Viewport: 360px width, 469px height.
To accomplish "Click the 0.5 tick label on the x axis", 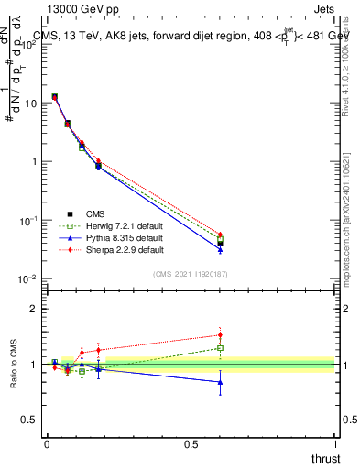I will point(191,444).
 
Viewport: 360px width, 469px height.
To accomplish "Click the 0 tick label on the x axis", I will point(47,444).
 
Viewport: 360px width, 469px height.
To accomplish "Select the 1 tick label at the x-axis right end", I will point(335,444).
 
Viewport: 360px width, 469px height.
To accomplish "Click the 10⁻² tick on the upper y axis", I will point(28,279).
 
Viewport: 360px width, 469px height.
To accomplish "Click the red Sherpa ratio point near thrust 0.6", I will point(220,334).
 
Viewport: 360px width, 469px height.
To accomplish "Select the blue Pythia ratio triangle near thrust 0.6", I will point(220,382).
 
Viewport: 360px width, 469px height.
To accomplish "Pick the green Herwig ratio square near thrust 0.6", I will point(220,348).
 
